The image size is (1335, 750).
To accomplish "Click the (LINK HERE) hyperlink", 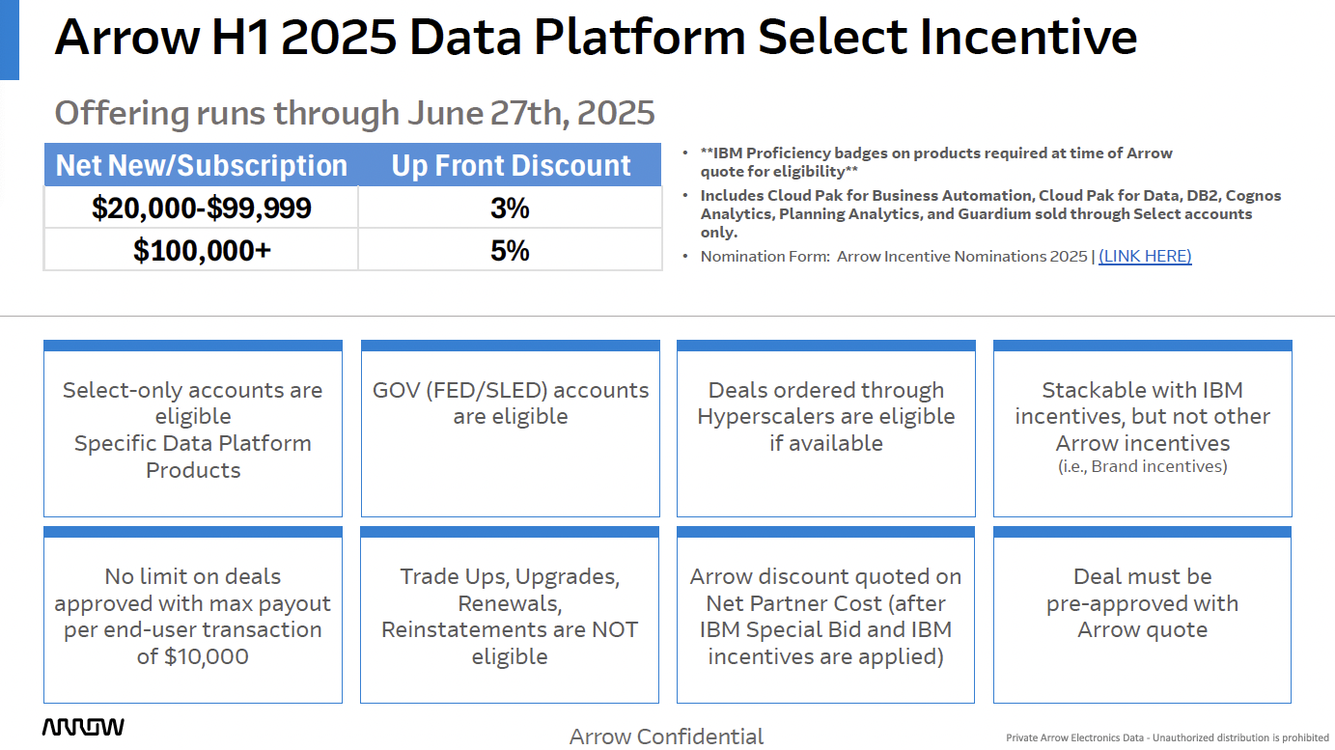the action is coord(1145,257).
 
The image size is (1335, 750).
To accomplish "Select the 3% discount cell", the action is coord(511,208).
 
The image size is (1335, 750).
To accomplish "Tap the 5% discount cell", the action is coord(511,250).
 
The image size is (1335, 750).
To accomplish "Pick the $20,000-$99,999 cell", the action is coord(202,208).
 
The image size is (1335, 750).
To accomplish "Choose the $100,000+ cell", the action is coord(202,250).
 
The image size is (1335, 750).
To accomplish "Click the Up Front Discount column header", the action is coord(511,165).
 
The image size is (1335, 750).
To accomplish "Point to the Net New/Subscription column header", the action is coord(202,165).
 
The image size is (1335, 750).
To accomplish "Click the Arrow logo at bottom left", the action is coord(83,727).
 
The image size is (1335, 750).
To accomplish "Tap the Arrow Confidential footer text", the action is coord(666,736).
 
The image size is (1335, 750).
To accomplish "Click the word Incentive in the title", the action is coord(1029,37).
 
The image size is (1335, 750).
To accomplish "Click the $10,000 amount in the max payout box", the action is coord(207,656).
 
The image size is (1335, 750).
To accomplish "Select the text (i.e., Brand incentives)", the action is coord(1143,466).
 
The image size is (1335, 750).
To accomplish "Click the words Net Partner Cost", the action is coord(793,603).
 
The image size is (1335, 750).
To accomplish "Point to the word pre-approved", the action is coord(1100,604).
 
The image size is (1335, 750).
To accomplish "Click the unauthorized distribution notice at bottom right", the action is coord(1168,737).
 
